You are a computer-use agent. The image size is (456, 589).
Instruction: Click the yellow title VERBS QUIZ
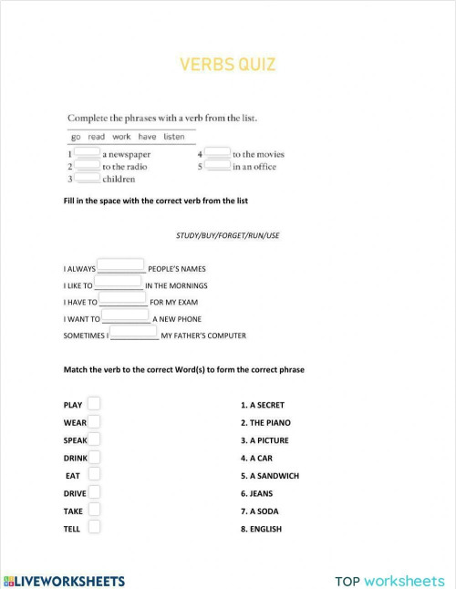click(228, 65)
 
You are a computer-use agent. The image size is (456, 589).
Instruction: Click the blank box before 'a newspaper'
click(88, 154)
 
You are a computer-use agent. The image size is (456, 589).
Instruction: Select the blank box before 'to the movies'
click(217, 154)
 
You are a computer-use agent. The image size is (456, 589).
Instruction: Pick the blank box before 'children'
click(88, 179)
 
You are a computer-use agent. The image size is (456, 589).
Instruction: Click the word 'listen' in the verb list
click(173, 137)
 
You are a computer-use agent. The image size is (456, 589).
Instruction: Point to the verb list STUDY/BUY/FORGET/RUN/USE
click(228, 235)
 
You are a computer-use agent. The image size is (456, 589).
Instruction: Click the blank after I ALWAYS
click(120, 267)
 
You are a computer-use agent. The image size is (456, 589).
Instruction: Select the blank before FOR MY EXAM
click(123, 300)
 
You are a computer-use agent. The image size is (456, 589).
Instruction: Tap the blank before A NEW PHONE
click(125, 316)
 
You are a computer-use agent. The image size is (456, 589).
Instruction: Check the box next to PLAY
click(94, 404)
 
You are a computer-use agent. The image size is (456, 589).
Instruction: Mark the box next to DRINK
click(94, 457)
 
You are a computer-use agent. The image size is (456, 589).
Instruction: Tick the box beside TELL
click(94, 527)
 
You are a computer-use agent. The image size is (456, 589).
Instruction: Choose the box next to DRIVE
click(94, 492)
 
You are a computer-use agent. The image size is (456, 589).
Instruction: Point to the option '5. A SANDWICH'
click(269, 476)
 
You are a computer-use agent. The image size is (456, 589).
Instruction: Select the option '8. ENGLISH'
click(261, 529)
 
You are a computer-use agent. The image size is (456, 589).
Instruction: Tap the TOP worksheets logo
click(389, 580)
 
